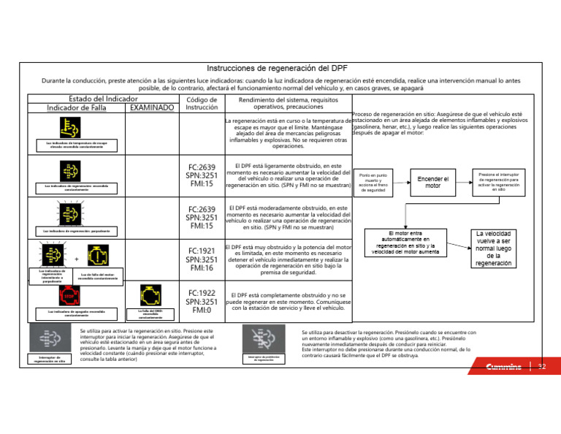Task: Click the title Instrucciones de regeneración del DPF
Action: (281, 68)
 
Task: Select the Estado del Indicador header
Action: (103, 98)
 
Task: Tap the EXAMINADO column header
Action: (151, 108)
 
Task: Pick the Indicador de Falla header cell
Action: (77, 108)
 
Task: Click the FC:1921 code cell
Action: (201, 259)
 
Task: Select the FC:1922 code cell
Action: (201, 301)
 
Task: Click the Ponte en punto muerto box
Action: (373, 183)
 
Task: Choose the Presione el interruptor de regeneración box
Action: (498, 182)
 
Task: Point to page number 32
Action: (542, 366)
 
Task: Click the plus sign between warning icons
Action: (77, 259)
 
